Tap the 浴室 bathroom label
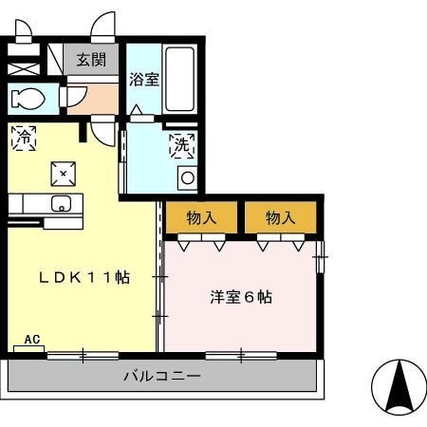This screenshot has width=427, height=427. tap(144, 80)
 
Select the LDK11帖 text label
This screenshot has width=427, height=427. tap(83, 278)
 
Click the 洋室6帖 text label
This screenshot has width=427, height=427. tap(241, 297)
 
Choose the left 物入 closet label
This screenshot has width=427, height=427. tap(202, 217)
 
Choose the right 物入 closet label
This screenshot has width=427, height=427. tap(280, 217)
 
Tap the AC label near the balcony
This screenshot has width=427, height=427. tap(31, 339)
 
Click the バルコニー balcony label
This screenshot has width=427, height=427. tap(161, 376)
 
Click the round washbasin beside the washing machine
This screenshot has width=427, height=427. tap(188, 176)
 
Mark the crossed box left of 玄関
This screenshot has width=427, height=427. tap(23, 68)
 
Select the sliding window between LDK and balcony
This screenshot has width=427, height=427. tap(83, 356)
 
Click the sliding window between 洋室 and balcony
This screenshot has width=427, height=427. tap(241, 356)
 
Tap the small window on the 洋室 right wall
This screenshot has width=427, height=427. tap(322, 251)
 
